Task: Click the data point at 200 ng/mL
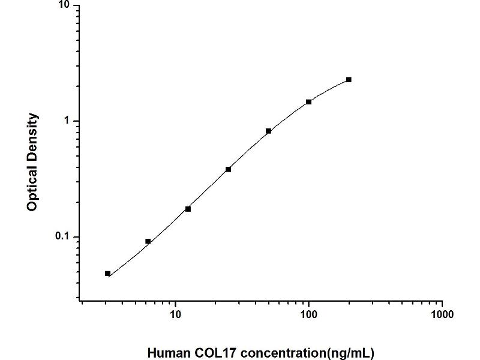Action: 349,80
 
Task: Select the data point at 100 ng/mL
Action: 308,102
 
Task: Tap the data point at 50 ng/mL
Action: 268,131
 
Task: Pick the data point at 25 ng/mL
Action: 228,169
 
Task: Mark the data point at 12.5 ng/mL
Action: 188,209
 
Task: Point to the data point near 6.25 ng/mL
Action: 148,241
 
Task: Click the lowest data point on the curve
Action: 107,274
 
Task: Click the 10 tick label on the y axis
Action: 64,6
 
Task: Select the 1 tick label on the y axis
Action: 67,121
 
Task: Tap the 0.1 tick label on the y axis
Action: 62,237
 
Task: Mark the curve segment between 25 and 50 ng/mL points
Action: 248,150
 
